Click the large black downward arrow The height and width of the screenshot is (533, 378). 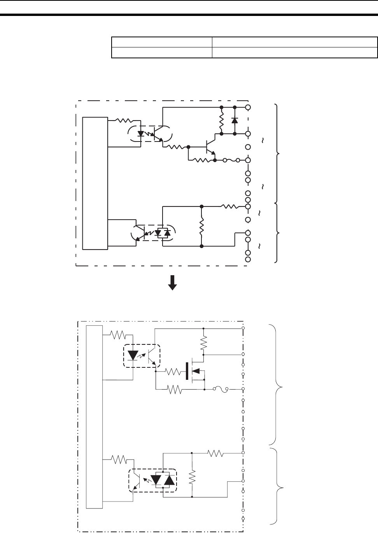[172, 283]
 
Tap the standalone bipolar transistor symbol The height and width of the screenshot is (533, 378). [210, 147]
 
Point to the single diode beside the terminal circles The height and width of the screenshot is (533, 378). [234, 120]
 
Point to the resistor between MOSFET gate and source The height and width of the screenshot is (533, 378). [175, 389]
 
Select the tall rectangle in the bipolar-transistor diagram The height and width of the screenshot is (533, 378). [95, 183]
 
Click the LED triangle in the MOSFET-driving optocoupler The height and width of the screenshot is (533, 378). [133, 355]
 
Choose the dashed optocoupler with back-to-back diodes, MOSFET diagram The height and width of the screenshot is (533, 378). [152, 481]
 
